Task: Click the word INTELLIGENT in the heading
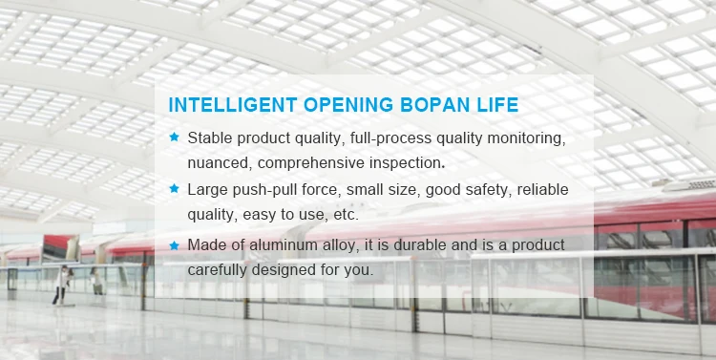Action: pos(233,105)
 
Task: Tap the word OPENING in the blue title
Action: pos(348,105)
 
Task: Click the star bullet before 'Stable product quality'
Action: pos(174,137)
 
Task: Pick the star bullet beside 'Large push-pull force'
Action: pos(174,188)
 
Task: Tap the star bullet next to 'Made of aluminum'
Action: pos(174,245)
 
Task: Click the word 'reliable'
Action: pos(542,189)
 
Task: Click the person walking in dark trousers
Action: pos(62,286)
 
